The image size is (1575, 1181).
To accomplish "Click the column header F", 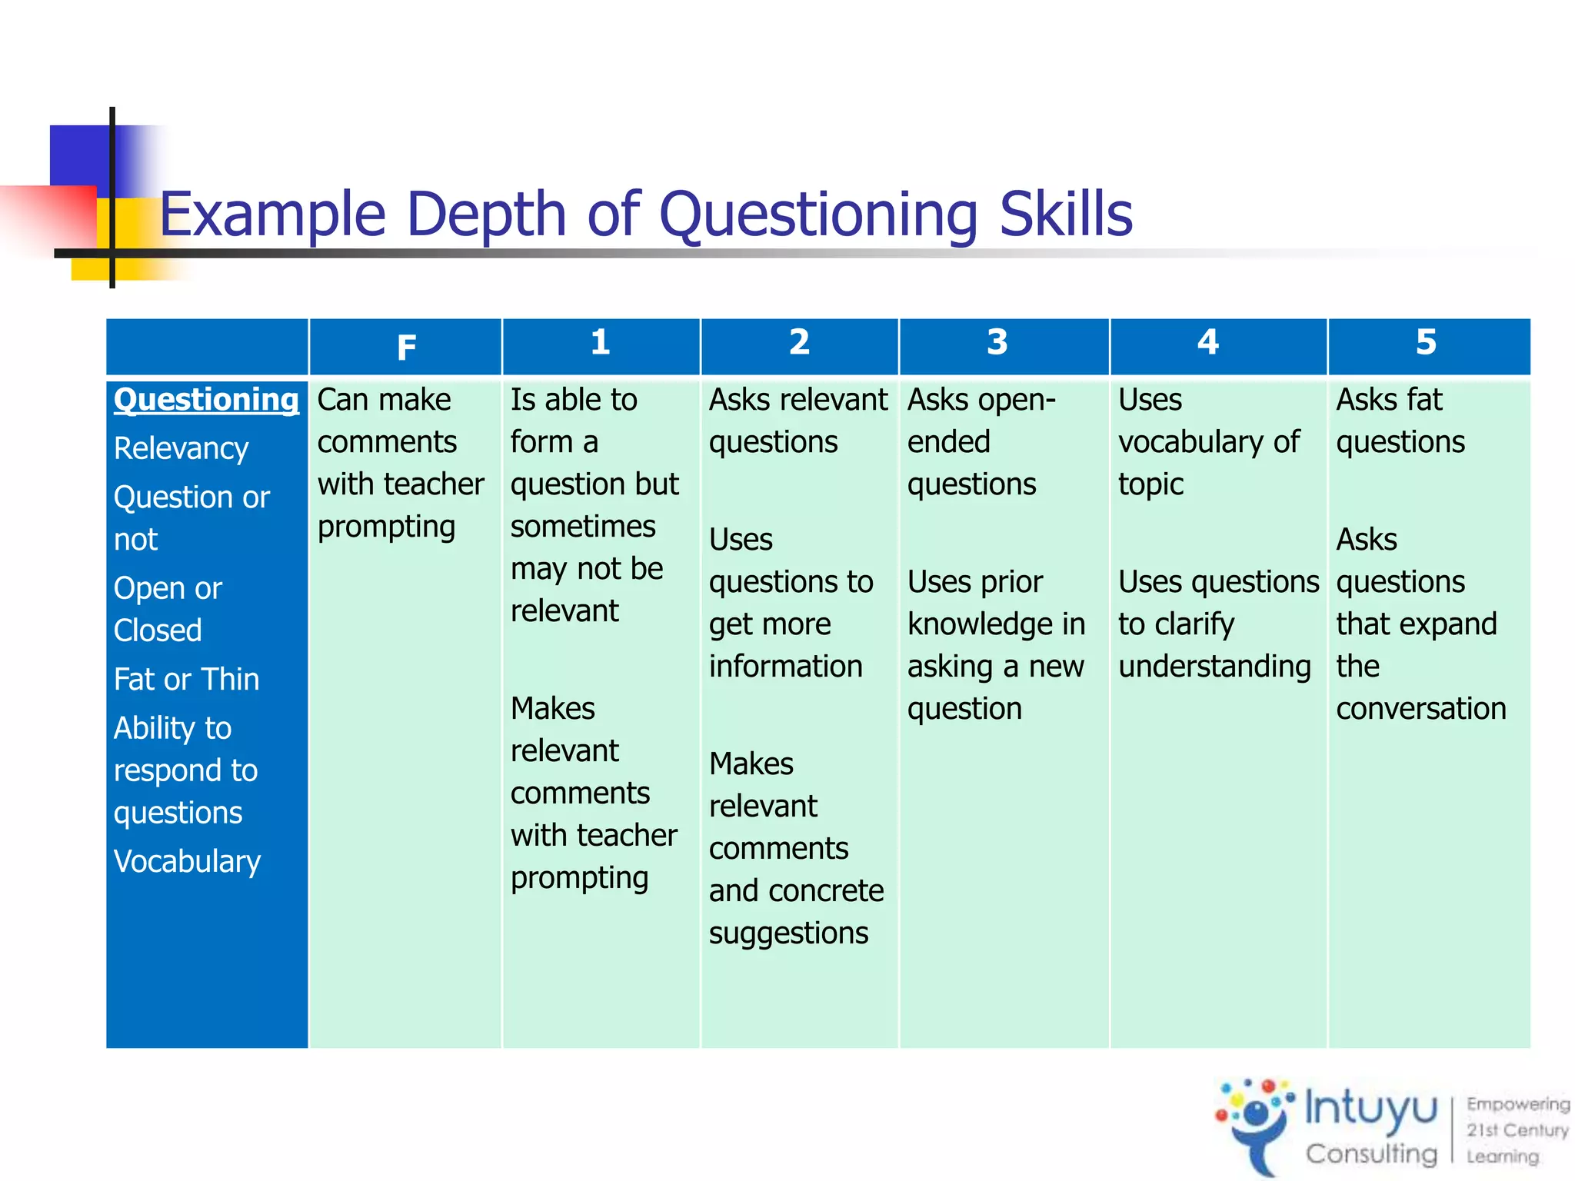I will tap(406, 348).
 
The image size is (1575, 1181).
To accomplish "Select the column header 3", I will tap(997, 342).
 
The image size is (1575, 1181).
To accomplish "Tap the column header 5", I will tap(1426, 342).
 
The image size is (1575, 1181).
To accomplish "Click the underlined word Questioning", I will tap(206, 400).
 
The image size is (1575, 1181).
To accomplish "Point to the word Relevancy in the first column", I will tap(181, 448).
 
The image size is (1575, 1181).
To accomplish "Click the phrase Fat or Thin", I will tap(186, 680).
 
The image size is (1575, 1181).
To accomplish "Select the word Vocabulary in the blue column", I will tap(187, 862).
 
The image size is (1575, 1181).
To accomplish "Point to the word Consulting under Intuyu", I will tap(1370, 1153).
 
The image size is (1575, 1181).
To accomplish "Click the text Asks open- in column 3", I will tap(981, 400).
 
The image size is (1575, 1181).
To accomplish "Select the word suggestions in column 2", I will tap(788, 933).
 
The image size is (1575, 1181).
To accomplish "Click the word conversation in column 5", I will tap(1420, 709).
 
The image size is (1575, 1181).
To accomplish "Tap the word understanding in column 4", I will tap(1214, 667).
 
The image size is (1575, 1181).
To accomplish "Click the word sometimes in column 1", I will tap(583, 527).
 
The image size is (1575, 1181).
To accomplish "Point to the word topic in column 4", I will tap(1150, 484).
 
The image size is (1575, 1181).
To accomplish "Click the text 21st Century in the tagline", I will tap(1517, 1130).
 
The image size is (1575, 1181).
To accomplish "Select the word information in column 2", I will tap(785, 667).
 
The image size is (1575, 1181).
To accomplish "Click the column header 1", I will tap(600, 342).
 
